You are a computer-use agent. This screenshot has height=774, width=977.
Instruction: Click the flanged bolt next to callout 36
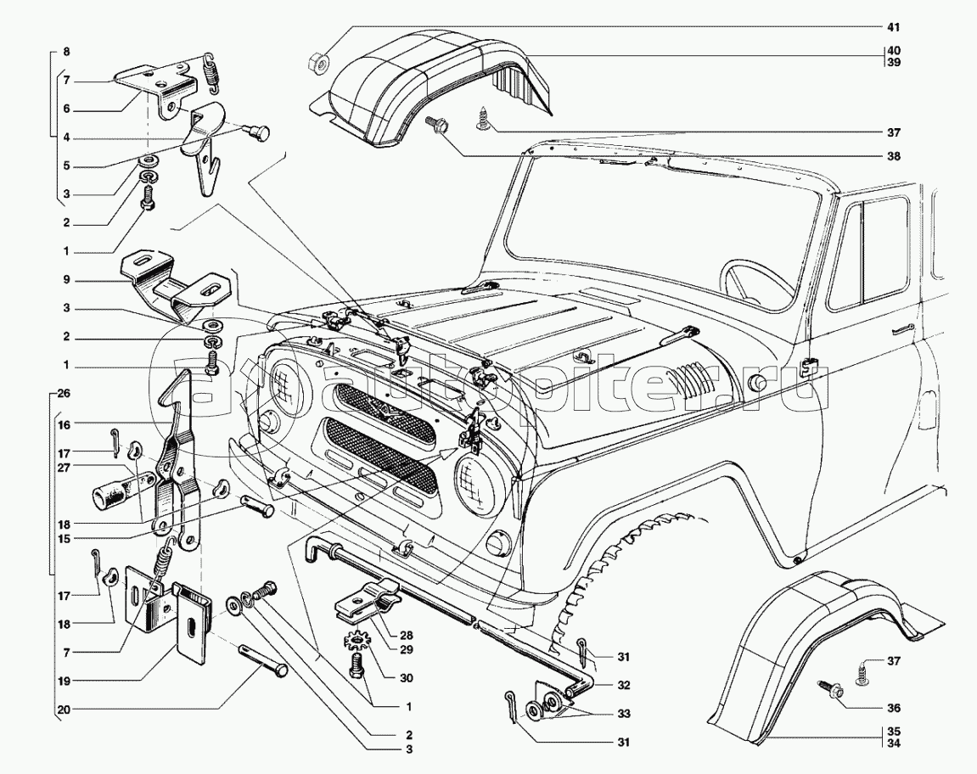829,688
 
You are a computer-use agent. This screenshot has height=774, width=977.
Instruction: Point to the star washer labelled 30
359,636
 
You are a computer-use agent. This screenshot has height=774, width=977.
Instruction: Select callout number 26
65,395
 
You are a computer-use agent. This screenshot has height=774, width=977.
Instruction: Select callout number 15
65,537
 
